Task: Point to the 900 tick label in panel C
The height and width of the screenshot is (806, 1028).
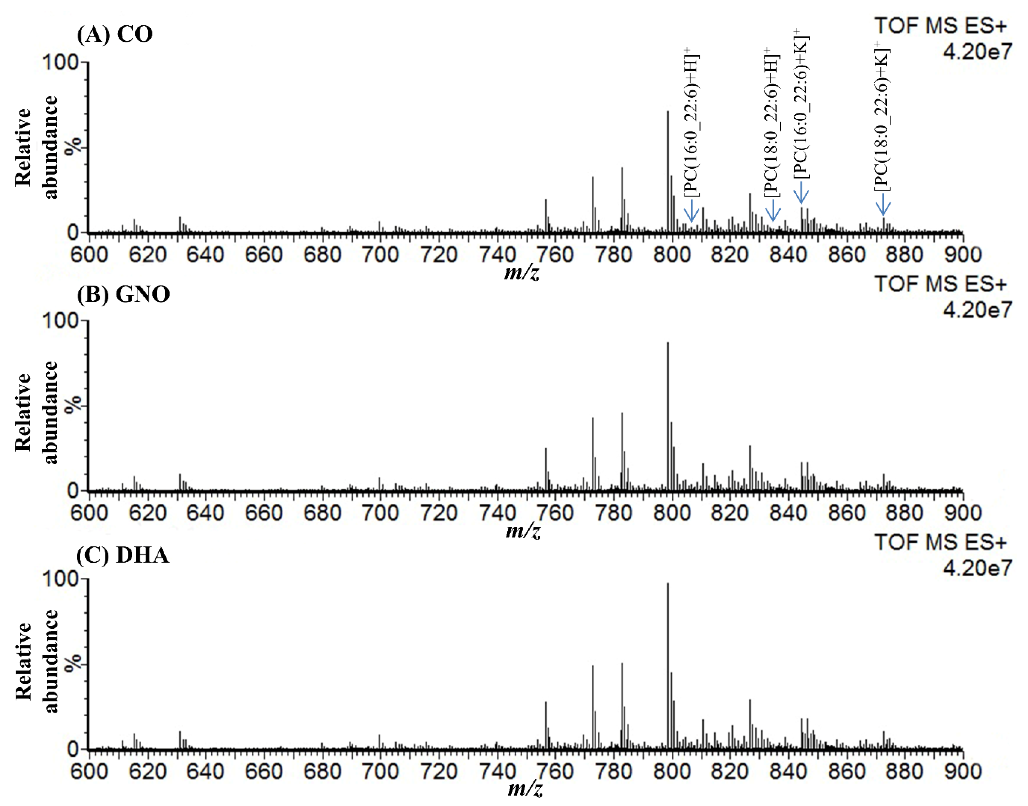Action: coord(962,771)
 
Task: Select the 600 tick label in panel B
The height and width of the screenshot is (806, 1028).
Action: coord(89,513)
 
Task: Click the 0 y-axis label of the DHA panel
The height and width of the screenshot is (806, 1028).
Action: coord(73,749)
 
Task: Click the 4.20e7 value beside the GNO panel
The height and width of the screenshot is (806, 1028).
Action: coord(977,310)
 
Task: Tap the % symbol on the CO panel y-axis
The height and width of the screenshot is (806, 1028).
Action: coord(73,147)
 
